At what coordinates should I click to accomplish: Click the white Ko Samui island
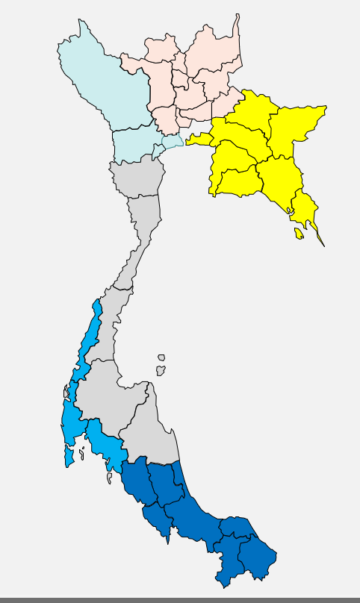tap(161, 369)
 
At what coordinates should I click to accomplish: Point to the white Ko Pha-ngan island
tap(161, 357)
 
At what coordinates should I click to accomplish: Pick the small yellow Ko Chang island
tap(300, 234)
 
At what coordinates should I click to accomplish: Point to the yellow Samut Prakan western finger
tap(198, 139)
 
